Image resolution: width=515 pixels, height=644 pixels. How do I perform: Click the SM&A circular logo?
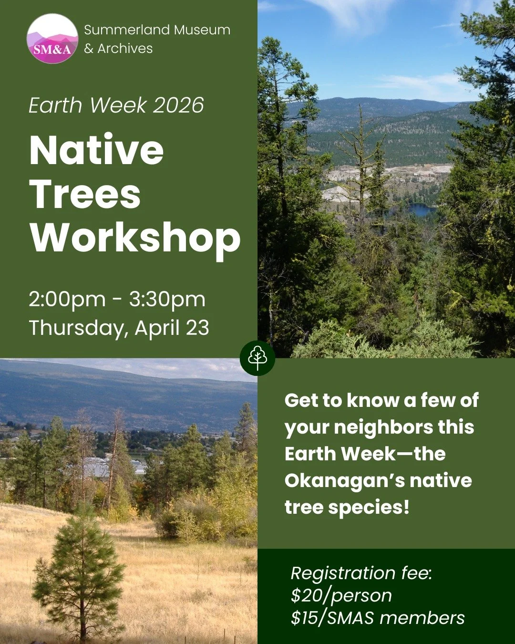pyautogui.click(x=52, y=39)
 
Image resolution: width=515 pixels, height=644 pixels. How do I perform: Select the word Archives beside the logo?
pyautogui.click(x=125, y=48)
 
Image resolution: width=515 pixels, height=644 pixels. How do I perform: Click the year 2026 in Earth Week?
pyautogui.click(x=178, y=105)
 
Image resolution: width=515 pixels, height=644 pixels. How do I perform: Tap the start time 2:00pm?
pyautogui.click(x=67, y=299)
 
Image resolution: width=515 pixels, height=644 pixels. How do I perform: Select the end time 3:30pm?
pyautogui.click(x=167, y=299)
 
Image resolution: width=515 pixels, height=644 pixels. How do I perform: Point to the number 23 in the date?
pyautogui.click(x=197, y=328)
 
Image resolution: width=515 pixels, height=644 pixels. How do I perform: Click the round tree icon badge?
pyautogui.click(x=257, y=358)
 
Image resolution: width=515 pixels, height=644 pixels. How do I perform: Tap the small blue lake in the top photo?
pyautogui.click(x=422, y=209)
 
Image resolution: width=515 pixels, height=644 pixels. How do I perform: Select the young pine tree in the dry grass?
pyautogui.click(x=79, y=572)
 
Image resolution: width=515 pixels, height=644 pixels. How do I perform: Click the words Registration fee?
pyautogui.click(x=361, y=573)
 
